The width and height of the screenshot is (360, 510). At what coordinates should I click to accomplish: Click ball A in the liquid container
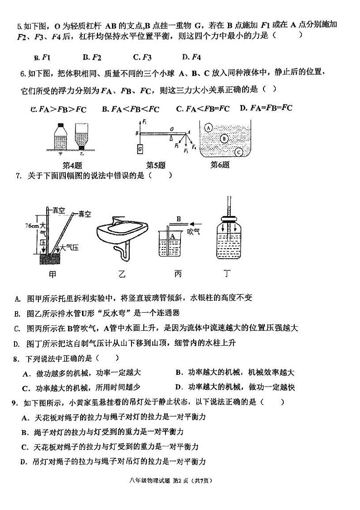click(208, 128)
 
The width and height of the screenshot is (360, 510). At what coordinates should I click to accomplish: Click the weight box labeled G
click(140, 149)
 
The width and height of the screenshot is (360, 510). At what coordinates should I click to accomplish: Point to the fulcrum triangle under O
click(171, 137)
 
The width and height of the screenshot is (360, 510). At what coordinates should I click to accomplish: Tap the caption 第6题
click(220, 165)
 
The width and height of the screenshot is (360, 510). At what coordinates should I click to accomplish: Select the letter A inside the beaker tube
click(172, 236)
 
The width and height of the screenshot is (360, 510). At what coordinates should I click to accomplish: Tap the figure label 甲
click(53, 275)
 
